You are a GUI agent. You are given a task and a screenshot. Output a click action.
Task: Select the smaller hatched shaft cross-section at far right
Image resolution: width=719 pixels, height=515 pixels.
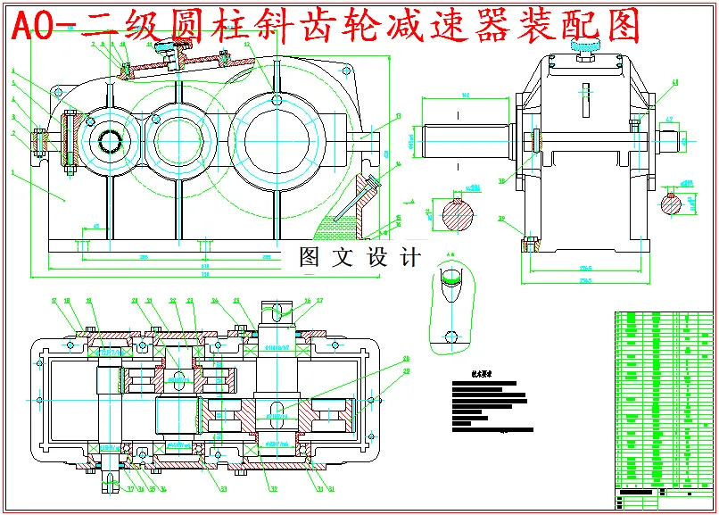pos(682,203)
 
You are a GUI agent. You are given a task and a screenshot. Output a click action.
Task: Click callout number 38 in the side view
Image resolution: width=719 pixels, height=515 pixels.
pos(501,181)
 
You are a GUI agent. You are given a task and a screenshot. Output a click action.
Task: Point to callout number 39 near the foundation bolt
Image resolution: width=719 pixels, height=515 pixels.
pos(501,218)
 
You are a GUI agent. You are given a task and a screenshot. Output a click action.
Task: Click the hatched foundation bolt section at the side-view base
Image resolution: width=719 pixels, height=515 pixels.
pos(529,242)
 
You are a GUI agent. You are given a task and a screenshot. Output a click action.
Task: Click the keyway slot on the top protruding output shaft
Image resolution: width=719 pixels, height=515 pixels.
pos(278,311)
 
